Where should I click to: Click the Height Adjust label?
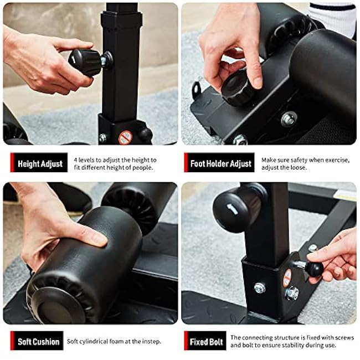[x=40, y=163]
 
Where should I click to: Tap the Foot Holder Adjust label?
[x=221, y=163]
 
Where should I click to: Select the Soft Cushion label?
[x=38, y=341]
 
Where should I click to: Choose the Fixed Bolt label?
[x=207, y=341]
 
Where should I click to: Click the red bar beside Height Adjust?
[x=12, y=163]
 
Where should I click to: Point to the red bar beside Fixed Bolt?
[x=186, y=341]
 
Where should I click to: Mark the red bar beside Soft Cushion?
[x=12, y=341]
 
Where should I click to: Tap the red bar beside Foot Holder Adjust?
[x=186, y=163]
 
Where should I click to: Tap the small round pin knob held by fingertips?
[x=314, y=269]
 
